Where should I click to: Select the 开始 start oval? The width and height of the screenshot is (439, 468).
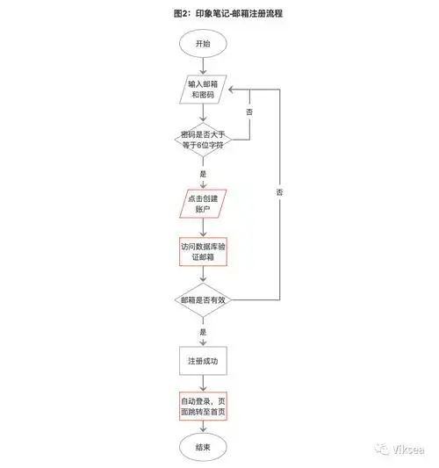(x=203, y=42)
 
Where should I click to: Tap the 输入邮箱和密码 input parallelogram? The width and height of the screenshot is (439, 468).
(x=203, y=90)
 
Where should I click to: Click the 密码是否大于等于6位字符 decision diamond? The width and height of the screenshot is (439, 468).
(x=203, y=138)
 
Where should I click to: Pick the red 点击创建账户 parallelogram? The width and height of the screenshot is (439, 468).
(x=203, y=204)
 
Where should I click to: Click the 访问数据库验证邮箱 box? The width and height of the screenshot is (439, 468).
(x=203, y=253)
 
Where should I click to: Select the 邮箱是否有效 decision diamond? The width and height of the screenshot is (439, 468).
(x=203, y=299)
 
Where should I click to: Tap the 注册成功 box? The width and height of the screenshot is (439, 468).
(x=203, y=360)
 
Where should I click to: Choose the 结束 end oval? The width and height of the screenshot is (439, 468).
(x=203, y=448)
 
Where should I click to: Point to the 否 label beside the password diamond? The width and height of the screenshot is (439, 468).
(x=249, y=113)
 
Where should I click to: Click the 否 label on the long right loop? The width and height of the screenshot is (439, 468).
(x=279, y=191)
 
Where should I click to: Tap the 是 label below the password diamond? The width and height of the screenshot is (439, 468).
(x=203, y=173)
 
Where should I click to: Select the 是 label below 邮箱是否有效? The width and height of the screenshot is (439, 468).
(x=203, y=332)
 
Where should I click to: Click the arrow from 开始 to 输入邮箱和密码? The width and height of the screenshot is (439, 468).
(x=203, y=65)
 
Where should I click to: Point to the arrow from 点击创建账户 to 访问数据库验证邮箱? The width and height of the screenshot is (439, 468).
(x=203, y=227)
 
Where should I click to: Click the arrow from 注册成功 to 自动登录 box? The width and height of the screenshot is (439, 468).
(x=203, y=382)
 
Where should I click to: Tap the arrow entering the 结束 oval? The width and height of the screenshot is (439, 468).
(x=203, y=428)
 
